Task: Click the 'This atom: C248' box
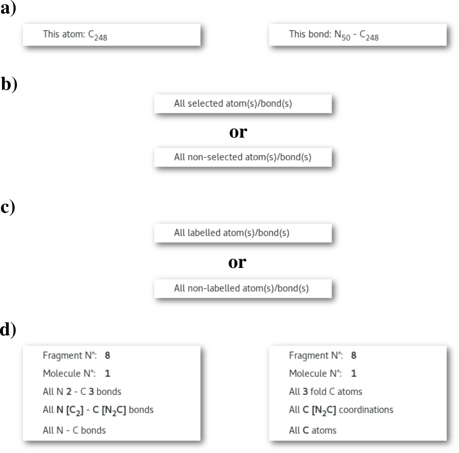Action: pyautogui.click(x=111, y=35)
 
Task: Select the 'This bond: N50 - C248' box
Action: pyautogui.click(x=357, y=35)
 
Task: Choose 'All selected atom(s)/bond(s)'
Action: pyautogui.click(x=242, y=104)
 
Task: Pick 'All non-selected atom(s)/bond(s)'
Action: pyautogui.click(x=242, y=157)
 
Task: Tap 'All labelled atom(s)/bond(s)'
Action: pyautogui.click(x=242, y=233)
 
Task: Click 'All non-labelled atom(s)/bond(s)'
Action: pyautogui.click(x=242, y=289)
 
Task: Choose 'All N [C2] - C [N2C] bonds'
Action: pyautogui.click(x=98, y=410)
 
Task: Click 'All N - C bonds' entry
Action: pyautogui.click(x=74, y=430)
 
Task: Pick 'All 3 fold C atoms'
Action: pyautogui.click(x=325, y=391)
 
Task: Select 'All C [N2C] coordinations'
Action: pyautogui.click(x=341, y=410)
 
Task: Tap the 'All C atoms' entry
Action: pyautogui.click(x=312, y=430)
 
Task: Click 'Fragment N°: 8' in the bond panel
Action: pyautogui.click(x=77, y=356)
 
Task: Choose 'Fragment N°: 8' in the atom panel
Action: pyautogui.click(x=322, y=356)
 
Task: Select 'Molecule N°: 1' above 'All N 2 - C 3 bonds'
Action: pyautogui.click(x=77, y=374)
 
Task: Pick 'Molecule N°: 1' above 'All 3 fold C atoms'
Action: pyautogui.click(x=322, y=374)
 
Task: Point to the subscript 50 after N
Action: pyautogui.click(x=346, y=38)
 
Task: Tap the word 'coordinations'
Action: pyautogui.click(x=366, y=410)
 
